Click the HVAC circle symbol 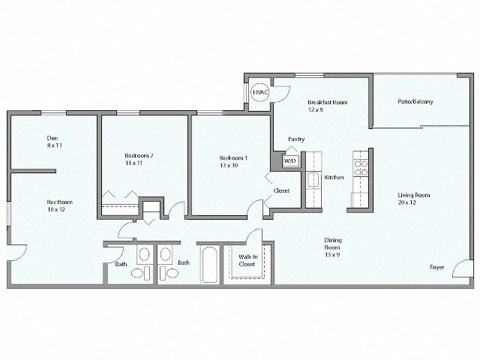(x=259, y=92)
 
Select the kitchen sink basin (x=311, y=181)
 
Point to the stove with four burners (x=359, y=163)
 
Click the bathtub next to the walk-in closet (x=208, y=264)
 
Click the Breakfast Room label (x=327, y=102)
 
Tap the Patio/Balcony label (x=415, y=102)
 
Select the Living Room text (x=413, y=195)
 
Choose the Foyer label (x=436, y=267)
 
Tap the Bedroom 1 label (x=233, y=158)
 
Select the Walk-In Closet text (x=247, y=260)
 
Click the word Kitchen (x=334, y=178)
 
